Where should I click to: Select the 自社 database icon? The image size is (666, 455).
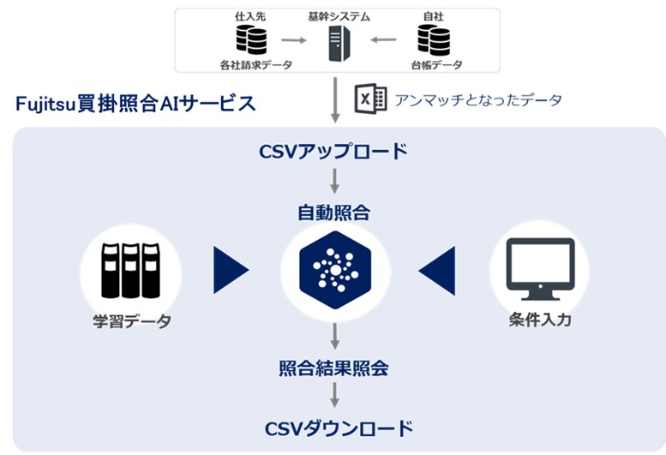coord(433,39)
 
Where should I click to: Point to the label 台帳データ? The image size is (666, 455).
coord(433,65)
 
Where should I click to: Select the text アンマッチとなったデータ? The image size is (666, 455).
coord(477,100)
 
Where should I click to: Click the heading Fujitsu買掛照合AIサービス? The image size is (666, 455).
coord(135,104)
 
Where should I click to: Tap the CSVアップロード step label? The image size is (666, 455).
coord(333,152)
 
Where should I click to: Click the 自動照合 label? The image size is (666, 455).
coord(333,212)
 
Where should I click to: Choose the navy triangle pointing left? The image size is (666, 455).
coord(437,270)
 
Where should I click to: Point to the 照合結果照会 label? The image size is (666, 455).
coord(333,368)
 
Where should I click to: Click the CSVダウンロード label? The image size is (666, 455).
coord(333,428)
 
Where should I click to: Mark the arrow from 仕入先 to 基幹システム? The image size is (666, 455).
coord(294,39)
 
